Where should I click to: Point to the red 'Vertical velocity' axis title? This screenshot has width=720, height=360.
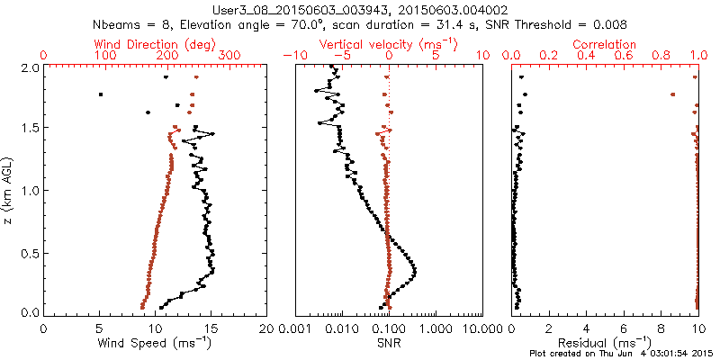[387, 43]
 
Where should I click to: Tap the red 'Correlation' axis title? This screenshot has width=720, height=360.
[605, 43]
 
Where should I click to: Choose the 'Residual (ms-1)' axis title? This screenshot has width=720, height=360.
[605, 343]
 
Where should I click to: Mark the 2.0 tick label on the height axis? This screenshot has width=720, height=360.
[30, 67]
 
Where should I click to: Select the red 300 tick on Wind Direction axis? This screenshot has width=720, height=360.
[229, 56]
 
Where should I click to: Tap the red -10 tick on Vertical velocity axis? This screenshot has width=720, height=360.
[292, 56]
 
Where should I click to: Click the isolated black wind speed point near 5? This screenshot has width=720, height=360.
[101, 94]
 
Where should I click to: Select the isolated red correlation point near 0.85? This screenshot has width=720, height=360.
[672, 94]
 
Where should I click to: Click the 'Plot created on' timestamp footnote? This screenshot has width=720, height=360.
[622, 353]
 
